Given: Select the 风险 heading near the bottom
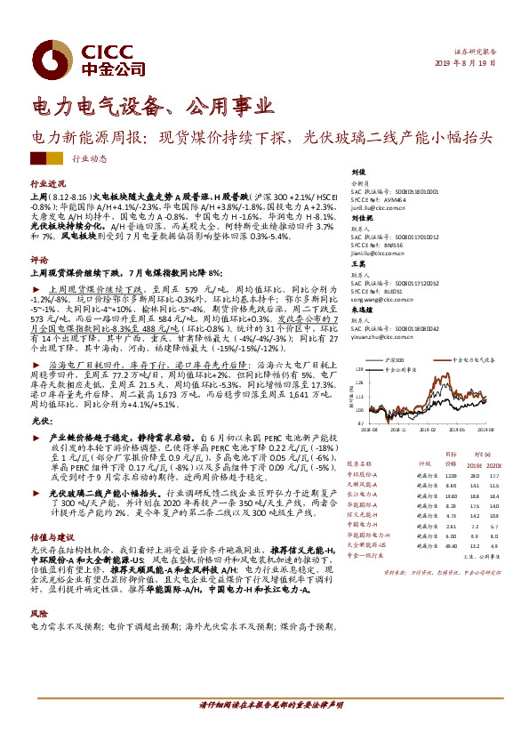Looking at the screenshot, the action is pos(38,614).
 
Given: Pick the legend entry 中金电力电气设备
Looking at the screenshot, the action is pos(472,358).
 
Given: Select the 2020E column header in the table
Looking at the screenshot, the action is pos(498,463).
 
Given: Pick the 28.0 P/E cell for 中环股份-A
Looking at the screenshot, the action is pos(473,476).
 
